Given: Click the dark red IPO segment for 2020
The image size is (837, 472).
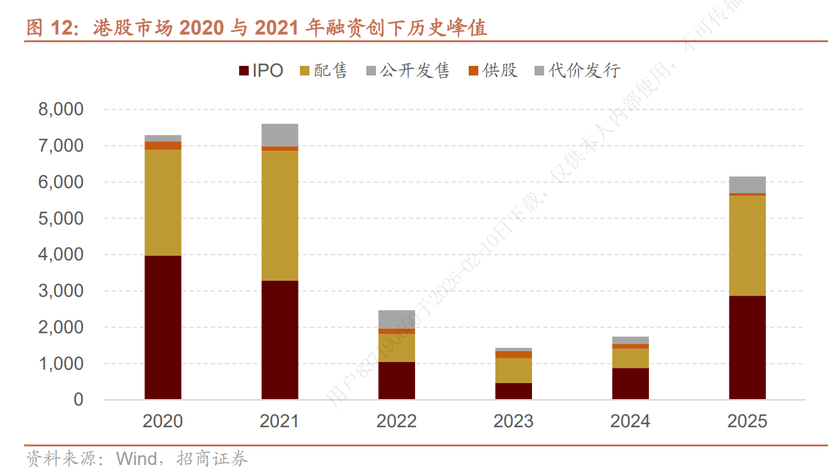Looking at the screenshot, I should (x=162, y=327).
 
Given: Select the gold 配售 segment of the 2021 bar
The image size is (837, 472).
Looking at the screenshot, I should (x=279, y=216).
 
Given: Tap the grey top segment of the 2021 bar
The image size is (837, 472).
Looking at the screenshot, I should (x=279, y=135).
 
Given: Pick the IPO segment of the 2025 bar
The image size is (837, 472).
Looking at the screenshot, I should (x=747, y=347).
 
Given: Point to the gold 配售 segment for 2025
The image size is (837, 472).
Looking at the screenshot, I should (x=747, y=245).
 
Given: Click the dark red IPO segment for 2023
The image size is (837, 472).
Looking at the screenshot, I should (x=513, y=391).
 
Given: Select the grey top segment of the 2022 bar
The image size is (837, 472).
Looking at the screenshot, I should (x=396, y=319).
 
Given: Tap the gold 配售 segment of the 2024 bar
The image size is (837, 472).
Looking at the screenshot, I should (x=630, y=358).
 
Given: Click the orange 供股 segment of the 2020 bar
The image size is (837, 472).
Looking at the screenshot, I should (x=162, y=145).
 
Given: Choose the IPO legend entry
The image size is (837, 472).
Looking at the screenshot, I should (x=261, y=70).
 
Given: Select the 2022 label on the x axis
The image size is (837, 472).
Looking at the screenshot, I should (x=396, y=421).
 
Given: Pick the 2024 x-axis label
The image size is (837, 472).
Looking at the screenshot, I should (x=630, y=421).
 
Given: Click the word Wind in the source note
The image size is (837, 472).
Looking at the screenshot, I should (x=136, y=459).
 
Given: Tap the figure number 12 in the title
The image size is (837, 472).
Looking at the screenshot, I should (x=62, y=28).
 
